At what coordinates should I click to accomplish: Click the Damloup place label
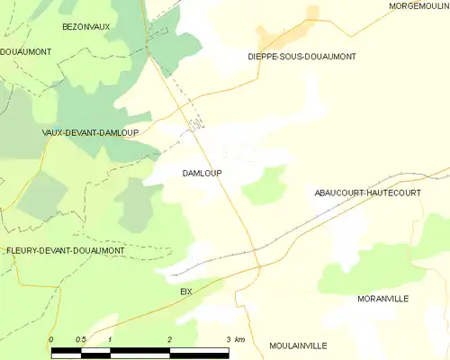(x=202, y=173)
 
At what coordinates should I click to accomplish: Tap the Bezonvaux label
(x=85, y=27)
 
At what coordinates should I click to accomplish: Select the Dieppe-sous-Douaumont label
(x=301, y=57)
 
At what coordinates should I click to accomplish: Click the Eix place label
(x=186, y=292)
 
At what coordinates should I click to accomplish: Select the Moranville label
(x=383, y=298)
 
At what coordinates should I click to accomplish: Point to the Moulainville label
(x=298, y=346)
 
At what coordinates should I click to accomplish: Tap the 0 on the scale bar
(x=51, y=339)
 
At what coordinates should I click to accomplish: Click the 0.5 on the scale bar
(x=80, y=339)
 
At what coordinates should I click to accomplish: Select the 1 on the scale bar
(x=109, y=339)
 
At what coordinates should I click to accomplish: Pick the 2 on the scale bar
(x=169, y=339)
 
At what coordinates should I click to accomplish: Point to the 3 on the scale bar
(x=228, y=339)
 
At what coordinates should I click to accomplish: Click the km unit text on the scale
(x=239, y=339)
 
